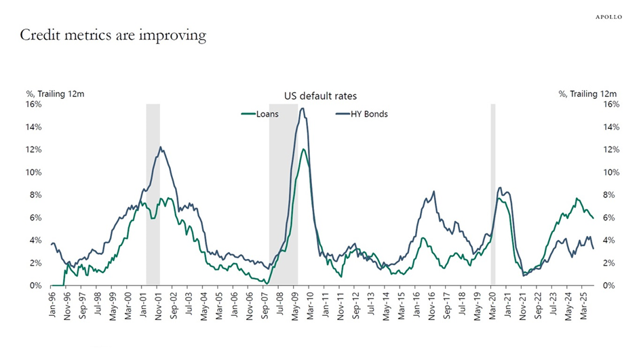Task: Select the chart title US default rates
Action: (320, 97)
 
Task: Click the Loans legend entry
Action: (260, 114)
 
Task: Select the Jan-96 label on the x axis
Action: (52, 302)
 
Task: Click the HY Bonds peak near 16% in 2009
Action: (302, 108)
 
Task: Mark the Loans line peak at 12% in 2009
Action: (304, 149)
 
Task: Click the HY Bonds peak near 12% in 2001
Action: (161, 147)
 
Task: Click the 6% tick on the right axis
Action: (609, 218)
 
